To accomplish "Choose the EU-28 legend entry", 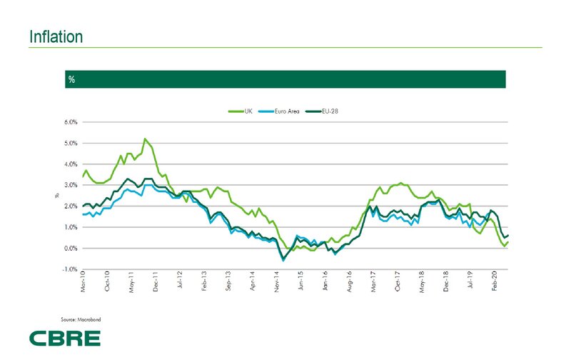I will [x=328, y=111].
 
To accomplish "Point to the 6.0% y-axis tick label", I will [x=69, y=122].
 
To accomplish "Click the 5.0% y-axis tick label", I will [x=69, y=144].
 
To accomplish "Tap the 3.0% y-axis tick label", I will [x=69, y=186].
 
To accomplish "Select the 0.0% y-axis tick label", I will [x=69, y=249].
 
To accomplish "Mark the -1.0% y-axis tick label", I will [x=69, y=270].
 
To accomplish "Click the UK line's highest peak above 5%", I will [x=145, y=139].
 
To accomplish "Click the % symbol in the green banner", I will [x=72, y=79].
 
